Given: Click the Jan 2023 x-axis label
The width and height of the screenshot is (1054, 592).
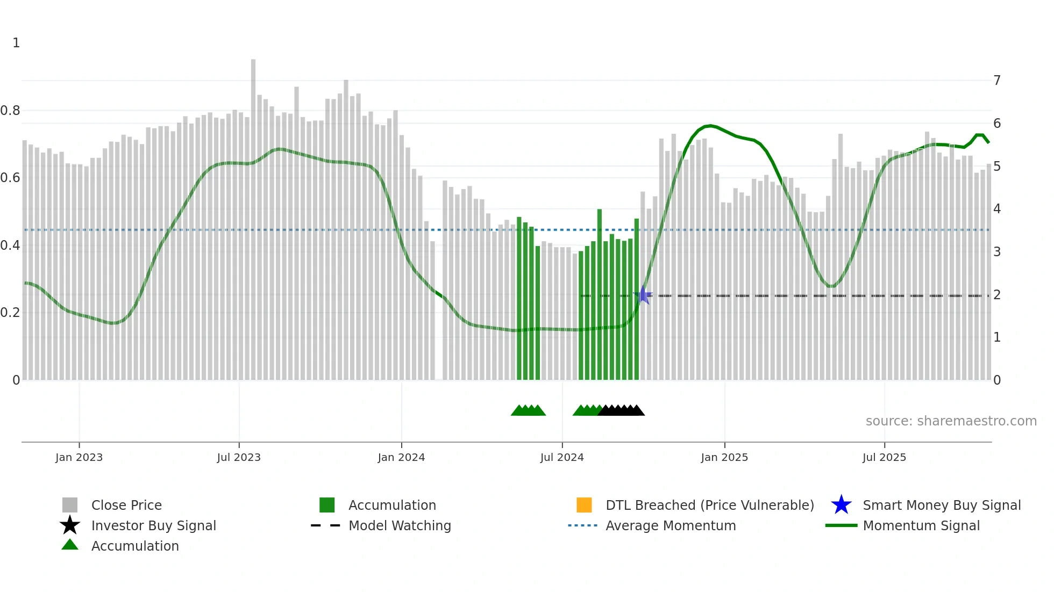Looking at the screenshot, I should pos(79,458).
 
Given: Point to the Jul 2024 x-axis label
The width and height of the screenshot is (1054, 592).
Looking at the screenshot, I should pos(562,458).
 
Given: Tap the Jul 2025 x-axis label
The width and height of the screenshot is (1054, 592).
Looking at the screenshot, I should pos(884,458).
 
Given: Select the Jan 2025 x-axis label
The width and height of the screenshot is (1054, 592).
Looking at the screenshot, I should pos(724,458).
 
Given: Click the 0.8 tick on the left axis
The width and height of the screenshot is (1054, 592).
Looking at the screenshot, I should pos(10,111).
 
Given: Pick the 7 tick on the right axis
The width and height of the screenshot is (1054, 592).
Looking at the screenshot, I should pos(997,81).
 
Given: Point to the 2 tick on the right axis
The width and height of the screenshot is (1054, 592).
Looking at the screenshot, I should pos(997,295).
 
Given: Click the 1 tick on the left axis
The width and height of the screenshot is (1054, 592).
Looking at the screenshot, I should pos(16,43).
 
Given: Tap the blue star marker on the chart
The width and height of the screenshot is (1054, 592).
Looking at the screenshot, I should pos(643,295).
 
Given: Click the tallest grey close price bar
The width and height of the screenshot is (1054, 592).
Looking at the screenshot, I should pos(253,215).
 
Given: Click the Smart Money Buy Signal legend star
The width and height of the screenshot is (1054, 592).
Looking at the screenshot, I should pos(841,506).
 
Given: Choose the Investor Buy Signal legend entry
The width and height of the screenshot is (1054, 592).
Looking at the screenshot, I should pos(153,526).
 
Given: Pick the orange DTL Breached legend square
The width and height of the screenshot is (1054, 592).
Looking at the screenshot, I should pos(584,506).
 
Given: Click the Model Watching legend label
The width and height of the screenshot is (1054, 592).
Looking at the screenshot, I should pos(400,526).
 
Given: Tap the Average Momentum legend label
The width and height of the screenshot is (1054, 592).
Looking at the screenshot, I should pos(671,526).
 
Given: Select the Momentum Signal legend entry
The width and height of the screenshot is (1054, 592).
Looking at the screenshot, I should pos(921,526).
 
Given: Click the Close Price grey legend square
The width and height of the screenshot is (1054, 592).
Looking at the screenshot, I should pos(70,506).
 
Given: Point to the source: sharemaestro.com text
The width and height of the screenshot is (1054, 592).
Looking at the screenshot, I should pos(951,421).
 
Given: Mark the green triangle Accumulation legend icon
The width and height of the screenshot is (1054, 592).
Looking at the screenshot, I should pos(70,545).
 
